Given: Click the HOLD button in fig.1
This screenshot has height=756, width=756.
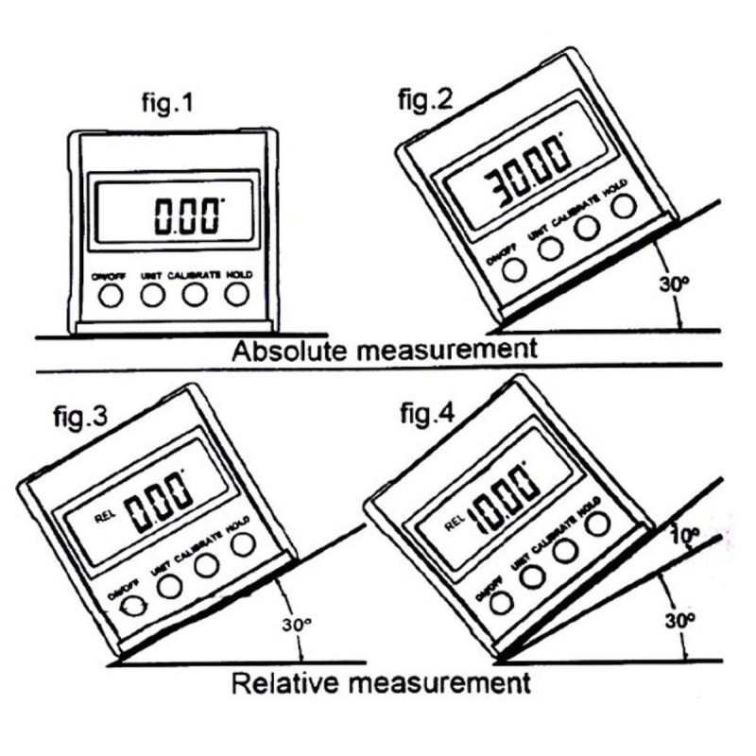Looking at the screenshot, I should pos(238,296).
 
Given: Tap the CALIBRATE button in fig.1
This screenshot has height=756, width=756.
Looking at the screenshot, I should pos(195,296).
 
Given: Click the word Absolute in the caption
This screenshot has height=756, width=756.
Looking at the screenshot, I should pos(290,352).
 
